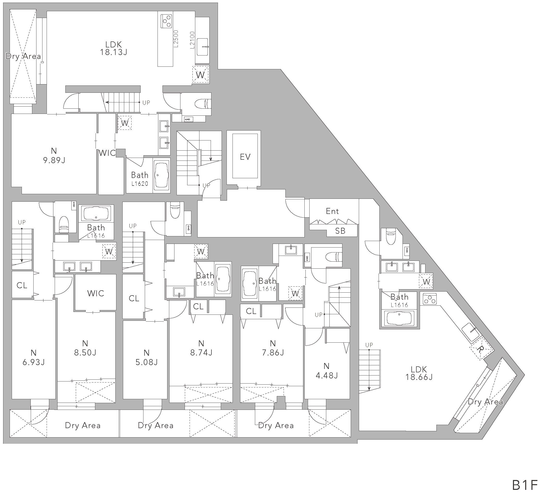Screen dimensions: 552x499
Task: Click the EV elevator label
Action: [x=245, y=157]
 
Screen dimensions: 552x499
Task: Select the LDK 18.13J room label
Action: [x=113, y=48]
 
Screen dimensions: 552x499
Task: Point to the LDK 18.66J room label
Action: [x=419, y=373]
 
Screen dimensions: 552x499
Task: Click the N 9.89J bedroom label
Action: [x=54, y=155]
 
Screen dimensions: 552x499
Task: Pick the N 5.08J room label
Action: [x=147, y=358]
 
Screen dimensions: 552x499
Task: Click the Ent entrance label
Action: [x=333, y=211]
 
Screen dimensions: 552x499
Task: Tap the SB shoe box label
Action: [x=340, y=231]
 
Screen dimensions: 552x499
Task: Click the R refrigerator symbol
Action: [x=479, y=349]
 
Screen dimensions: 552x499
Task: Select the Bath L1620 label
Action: [x=140, y=179]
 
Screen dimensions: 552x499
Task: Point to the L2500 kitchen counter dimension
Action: [x=176, y=39]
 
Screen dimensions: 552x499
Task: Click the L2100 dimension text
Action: [x=192, y=40]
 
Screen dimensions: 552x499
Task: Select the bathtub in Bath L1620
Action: [x=161, y=175]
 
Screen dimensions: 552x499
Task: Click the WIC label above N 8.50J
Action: [x=96, y=293]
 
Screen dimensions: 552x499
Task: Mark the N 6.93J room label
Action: [x=33, y=358]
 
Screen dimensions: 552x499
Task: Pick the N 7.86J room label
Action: [x=273, y=348]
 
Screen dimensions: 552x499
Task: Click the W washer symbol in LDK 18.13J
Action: [x=200, y=75]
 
